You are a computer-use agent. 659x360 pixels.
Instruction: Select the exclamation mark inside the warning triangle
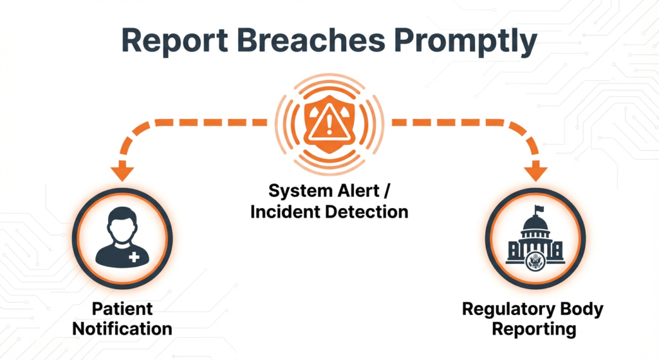tap(329, 123)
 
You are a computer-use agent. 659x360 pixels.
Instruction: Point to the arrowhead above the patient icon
tap(122, 173)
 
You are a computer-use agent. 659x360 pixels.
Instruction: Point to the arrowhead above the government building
tap(536, 173)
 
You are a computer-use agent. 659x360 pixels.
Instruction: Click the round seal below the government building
tap(535, 261)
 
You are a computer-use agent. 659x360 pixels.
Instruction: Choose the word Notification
tap(122, 329)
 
